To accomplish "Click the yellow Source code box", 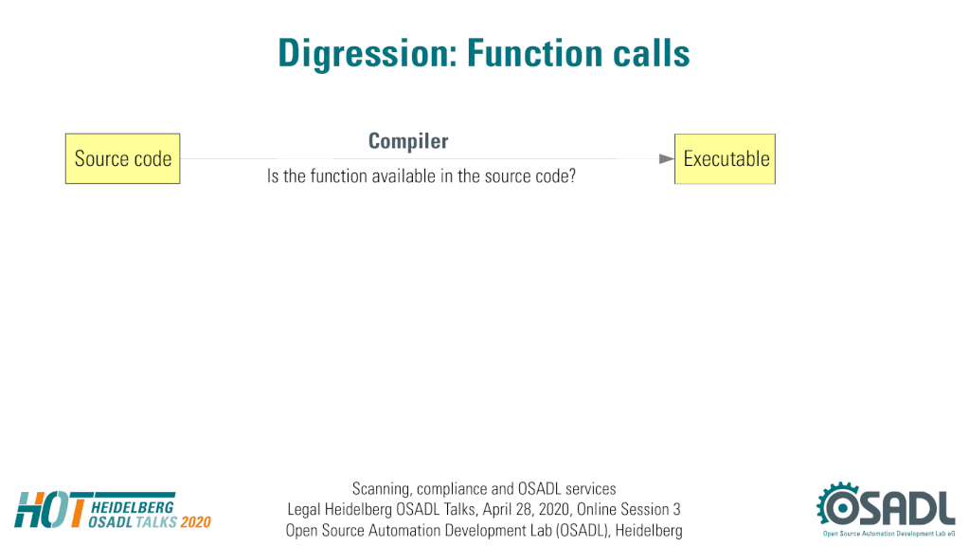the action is coord(123,158).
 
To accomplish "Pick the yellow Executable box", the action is coord(725,159).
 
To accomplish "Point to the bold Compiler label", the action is coord(408,141).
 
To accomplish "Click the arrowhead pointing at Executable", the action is coord(666,159).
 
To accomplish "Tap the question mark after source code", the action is coord(572,176).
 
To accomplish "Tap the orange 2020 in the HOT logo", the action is coord(196,522).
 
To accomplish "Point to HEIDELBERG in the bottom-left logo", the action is coord(133,507).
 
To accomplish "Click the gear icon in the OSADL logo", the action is coord(838,506).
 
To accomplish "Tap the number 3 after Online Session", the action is coord(676,510).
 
